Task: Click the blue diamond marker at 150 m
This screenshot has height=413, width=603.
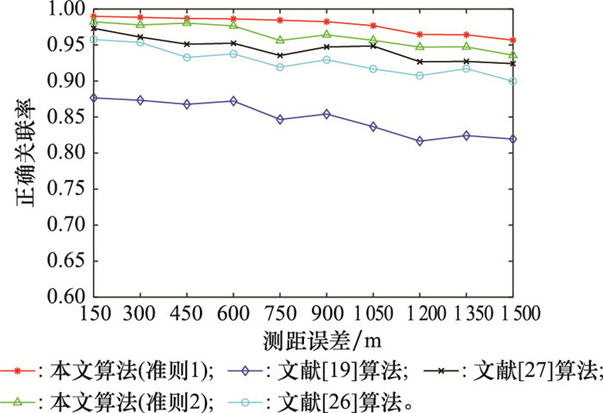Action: pyautogui.click(x=94, y=97)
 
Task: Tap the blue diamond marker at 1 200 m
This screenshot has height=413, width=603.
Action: pyautogui.click(x=420, y=141)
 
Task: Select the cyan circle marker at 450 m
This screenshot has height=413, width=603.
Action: pyautogui.click(x=187, y=58)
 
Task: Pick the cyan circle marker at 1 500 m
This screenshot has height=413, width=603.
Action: pyautogui.click(x=513, y=81)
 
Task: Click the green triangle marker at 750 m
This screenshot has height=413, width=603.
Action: pyautogui.click(x=280, y=40)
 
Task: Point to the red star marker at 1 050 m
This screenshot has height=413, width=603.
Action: pyautogui.click(x=373, y=26)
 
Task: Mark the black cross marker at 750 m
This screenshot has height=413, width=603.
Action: pyautogui.click(x=280, y=55)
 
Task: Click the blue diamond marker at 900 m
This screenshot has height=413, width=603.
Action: pyautogui.click(x=326, y=114)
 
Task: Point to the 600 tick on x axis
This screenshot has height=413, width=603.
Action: pyautogui.click(x=233, y=311)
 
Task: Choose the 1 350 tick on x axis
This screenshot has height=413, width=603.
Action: pyautogui.click(x=465, y=311)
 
